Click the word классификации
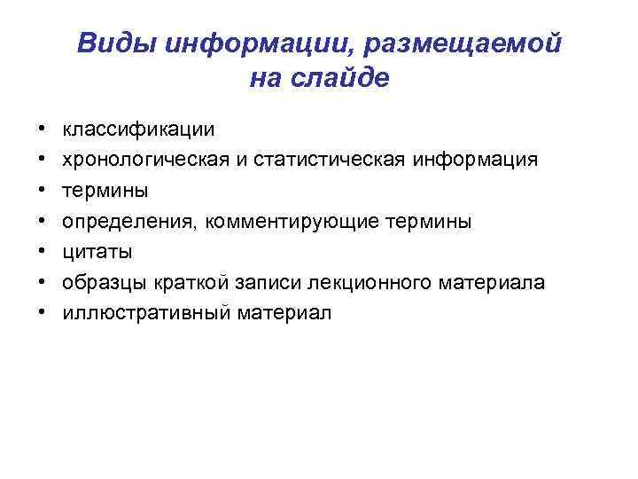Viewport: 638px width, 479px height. pyautogui.click(x=137, y=129)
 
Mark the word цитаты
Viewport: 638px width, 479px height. pyautogui.click(x=97, y=252)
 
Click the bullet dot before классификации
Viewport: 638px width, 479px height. pyautogui.click(x=42, y=130)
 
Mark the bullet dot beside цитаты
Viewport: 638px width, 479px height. pyautogui.click(x=42, y=253)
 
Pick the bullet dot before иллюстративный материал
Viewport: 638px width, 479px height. pyautogui.click(x=42, y=314)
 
